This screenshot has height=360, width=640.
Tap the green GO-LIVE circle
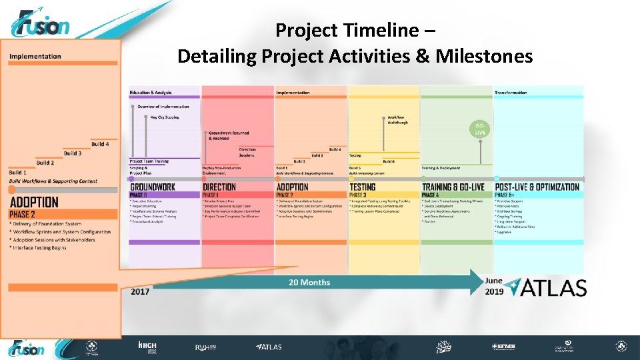(480, 129)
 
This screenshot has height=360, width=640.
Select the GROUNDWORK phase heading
(153, 187)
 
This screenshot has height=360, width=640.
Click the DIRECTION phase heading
(219, 187)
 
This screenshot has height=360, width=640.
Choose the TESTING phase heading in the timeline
(363, 187)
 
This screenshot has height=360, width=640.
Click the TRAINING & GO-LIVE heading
(453, 187)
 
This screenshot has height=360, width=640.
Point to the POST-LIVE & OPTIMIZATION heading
(537, 187)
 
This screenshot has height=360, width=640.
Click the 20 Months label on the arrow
(309, 283)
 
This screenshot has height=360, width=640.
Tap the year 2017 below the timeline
(139, 291)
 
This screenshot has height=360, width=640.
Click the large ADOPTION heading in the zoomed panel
(34, 202)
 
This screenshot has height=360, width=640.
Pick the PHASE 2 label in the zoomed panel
(23, 215)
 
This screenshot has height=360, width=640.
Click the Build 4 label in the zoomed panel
(100, 144)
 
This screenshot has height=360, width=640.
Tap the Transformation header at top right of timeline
(511, 93)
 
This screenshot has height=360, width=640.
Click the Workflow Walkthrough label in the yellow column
(396, 120)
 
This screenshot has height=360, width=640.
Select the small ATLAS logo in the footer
(269, 347)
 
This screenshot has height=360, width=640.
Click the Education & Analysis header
(151, 93)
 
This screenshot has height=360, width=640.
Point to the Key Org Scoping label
(165, 117)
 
